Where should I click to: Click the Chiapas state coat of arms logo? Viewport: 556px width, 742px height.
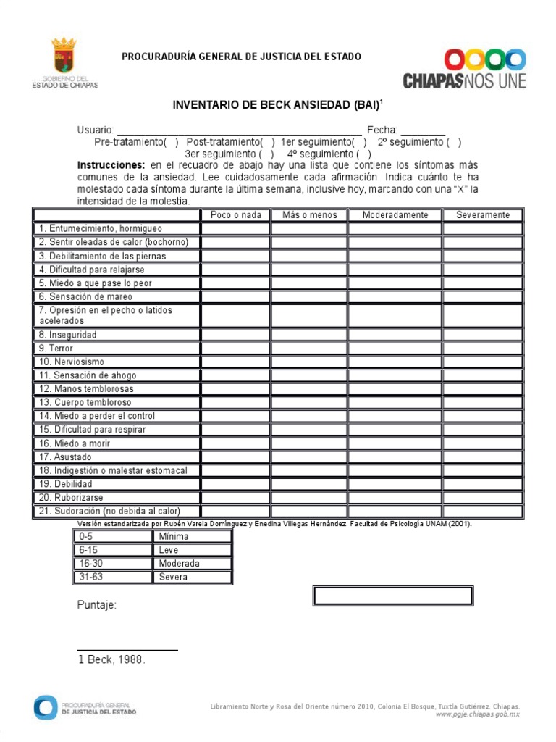click(64, 57)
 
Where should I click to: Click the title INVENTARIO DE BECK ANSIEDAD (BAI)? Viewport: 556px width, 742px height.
click(277, 105)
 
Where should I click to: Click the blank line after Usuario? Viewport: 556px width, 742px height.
click(239, 130)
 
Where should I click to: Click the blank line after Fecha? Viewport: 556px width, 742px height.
click(423, 130)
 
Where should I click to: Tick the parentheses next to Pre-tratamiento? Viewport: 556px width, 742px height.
click(171, 142)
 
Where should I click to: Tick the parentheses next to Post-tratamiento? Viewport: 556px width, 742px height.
click(268, 142)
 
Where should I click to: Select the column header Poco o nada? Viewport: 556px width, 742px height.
click(236, 214)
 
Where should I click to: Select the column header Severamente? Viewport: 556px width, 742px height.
click(482, 214)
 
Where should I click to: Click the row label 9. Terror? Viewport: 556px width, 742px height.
click(56, 349)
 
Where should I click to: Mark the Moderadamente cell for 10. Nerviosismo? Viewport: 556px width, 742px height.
click(395, 362)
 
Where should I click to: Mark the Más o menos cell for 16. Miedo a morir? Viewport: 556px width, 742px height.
click(309, 443)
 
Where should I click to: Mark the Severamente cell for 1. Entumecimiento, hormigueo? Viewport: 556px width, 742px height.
click(482, 229)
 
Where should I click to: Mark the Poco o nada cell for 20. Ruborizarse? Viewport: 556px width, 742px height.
click(236, 498)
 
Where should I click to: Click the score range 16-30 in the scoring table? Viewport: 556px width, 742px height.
click(92, 564)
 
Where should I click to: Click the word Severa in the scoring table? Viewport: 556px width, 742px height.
click(173, 578)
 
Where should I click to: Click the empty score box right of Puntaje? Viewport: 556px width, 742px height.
click(392, 596)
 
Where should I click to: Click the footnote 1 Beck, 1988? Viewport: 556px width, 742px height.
click(111, 659)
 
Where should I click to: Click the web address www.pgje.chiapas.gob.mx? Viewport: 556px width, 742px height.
click(477, 714)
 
